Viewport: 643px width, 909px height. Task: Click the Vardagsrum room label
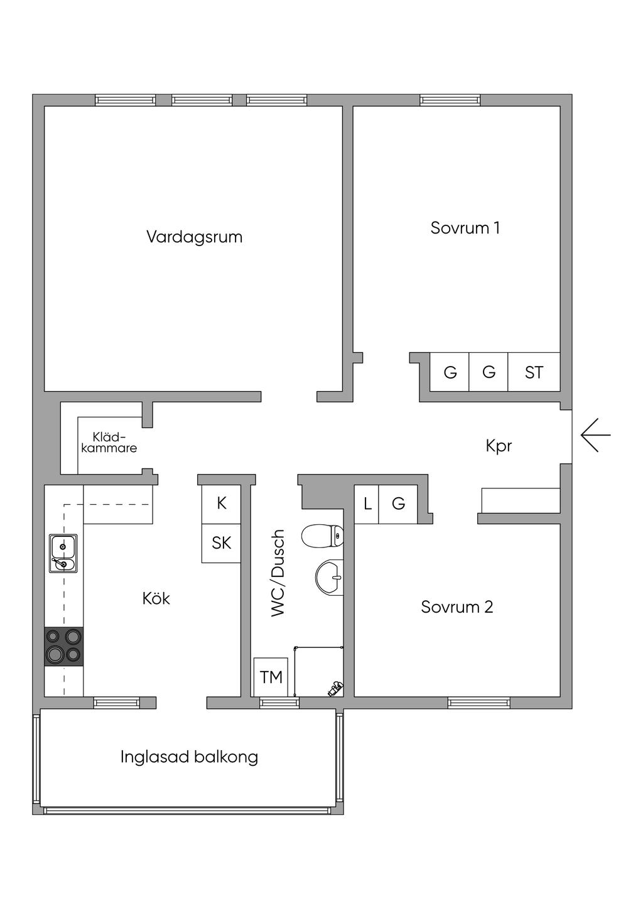[x=195, y=237]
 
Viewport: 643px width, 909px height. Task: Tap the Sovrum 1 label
[x=465, y=228]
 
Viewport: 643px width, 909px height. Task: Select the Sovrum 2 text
[x=457, y=607]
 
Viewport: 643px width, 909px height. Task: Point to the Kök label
[x=156, y=598]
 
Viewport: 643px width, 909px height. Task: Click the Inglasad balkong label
[x=189, y=757]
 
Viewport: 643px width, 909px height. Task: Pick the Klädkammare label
[x=109, y=443]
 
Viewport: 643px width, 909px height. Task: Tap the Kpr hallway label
[x=499, y=446]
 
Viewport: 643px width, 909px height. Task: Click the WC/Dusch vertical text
[x=278, y=573]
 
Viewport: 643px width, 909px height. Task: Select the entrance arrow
[x=595, y=434]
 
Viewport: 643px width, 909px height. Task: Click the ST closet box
[x=534, y=372]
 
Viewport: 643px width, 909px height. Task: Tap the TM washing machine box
[x=271, y=677]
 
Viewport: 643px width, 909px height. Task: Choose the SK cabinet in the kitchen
[x=221, y=543]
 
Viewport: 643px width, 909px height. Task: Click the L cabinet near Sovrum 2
[x=367, y=504]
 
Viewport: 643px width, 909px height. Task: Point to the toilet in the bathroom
[x=322, y=535]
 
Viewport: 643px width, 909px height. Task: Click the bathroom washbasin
[x=330, y=578]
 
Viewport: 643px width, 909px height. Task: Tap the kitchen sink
[x=63, y=553]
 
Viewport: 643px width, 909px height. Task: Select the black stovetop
[x=63, y=647]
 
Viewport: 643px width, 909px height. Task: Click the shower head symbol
[x=336, y=689]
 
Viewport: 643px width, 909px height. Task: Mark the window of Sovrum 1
[x=450, y=100]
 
